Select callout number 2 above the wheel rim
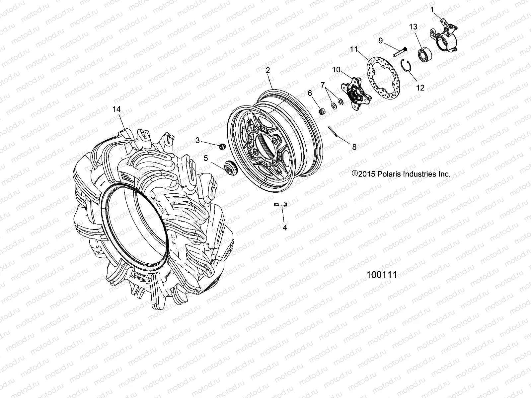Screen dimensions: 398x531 click(x=268, y=70)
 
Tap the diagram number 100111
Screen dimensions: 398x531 click(x=382, y=275)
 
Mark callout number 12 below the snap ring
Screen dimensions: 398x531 click(x=420, y=88)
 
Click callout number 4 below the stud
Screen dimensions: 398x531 click(x=284, y=228)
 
